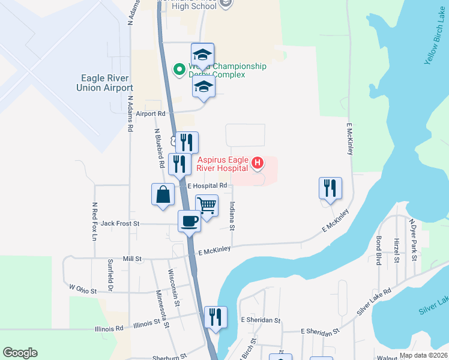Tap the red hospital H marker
click(258, 163)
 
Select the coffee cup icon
click(190, 221)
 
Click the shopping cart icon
click(206, 205)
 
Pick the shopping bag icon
click(163, 194)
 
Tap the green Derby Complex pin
click(179, 70)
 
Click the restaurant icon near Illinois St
click(215, 317)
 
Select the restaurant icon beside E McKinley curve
click(330, 188)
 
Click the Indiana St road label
click(232, 214)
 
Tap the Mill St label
click(131, 259)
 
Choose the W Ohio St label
click(83, 290)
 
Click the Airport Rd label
click(150, 113)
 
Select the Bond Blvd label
click(379, 251)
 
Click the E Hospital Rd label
click(207, 186)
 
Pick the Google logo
click(20, 353)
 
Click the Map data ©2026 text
click(423, 355)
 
